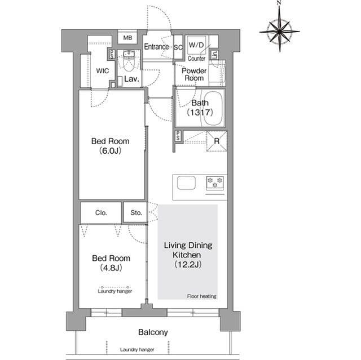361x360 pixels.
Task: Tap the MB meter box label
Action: coord(127,38)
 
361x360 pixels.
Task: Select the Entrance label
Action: coord(157,47)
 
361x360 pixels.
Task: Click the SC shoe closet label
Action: coord(178,47)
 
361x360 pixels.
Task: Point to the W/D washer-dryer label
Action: coord(196,45)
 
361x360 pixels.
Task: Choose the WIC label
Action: coord(103,71)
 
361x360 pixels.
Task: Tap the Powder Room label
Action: coord(194,74)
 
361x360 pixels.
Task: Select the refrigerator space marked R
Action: coord(217,141)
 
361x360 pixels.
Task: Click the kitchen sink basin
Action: coord(186,183)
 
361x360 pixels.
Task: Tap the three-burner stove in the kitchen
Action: coord(215,183)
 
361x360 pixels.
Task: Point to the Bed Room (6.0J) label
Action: coord(111,146)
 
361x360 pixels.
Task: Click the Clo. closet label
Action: coord(101,213)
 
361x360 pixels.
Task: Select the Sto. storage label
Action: coord(136,213)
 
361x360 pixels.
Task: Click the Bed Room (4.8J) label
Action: coord(111,263)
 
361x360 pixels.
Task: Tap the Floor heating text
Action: coord(202,296)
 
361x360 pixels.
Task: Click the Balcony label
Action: coord(153,332)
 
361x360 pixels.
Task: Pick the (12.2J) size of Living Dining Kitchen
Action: coord(188,265)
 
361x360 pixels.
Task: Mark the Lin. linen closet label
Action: coord(214,55)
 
